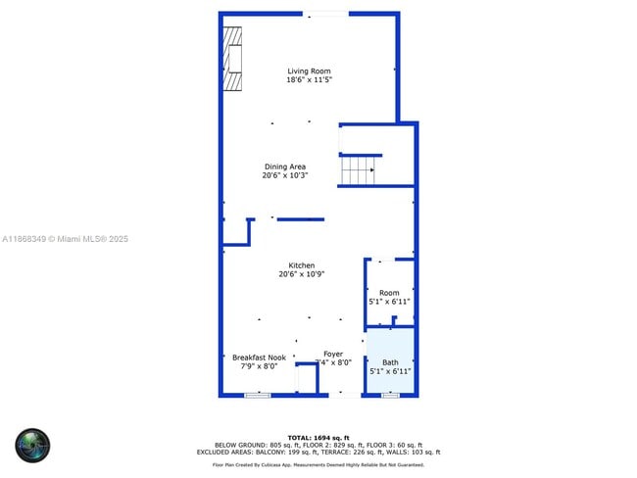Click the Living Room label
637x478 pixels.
tap(308, 71)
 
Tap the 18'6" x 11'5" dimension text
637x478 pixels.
tap(308, 80)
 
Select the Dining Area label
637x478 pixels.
tap(285, 167)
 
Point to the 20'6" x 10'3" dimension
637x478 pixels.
tap(285, 176)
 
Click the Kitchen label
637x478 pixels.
tap(302, 265)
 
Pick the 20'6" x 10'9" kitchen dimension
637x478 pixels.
tap(302, 275)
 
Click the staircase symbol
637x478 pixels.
tap(360, 170)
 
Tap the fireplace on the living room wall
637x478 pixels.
tap(232, 58)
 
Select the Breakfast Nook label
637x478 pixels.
tap(259, 358)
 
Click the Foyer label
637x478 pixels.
tap(333, 354)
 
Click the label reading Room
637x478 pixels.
tap(390, 293)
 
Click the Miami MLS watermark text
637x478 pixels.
tap(65, 239)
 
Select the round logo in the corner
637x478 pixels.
tap(32, 445)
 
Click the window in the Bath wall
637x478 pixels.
tap(390, 395)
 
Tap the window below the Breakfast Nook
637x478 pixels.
tap(257, 395)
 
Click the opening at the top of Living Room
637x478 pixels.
tap(324, 14)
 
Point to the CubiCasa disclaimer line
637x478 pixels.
tap(318, 464)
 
